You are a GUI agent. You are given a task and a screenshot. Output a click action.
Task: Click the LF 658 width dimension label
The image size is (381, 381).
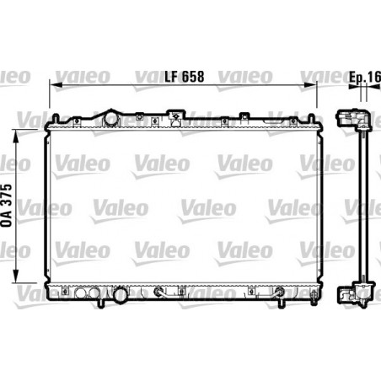click(x=185, y=77)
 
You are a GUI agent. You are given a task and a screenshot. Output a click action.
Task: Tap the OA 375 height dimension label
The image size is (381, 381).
click(x=7, y=206)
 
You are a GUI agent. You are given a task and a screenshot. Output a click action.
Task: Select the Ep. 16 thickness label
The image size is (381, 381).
click(x=365, y=77)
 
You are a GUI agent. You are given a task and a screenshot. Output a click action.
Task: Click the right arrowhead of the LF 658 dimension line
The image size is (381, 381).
click(x=310, y=85)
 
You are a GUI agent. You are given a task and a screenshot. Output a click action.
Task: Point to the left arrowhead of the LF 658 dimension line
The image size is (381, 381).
click(x=56, y=85)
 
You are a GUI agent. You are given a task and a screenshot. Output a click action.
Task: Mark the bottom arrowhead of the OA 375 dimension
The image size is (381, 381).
click(x=16, y=276)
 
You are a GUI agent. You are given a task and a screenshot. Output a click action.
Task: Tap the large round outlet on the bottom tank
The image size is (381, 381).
click(x=121, y=295)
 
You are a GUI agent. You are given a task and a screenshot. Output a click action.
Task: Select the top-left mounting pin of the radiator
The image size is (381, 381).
click(x=56, y=118)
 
